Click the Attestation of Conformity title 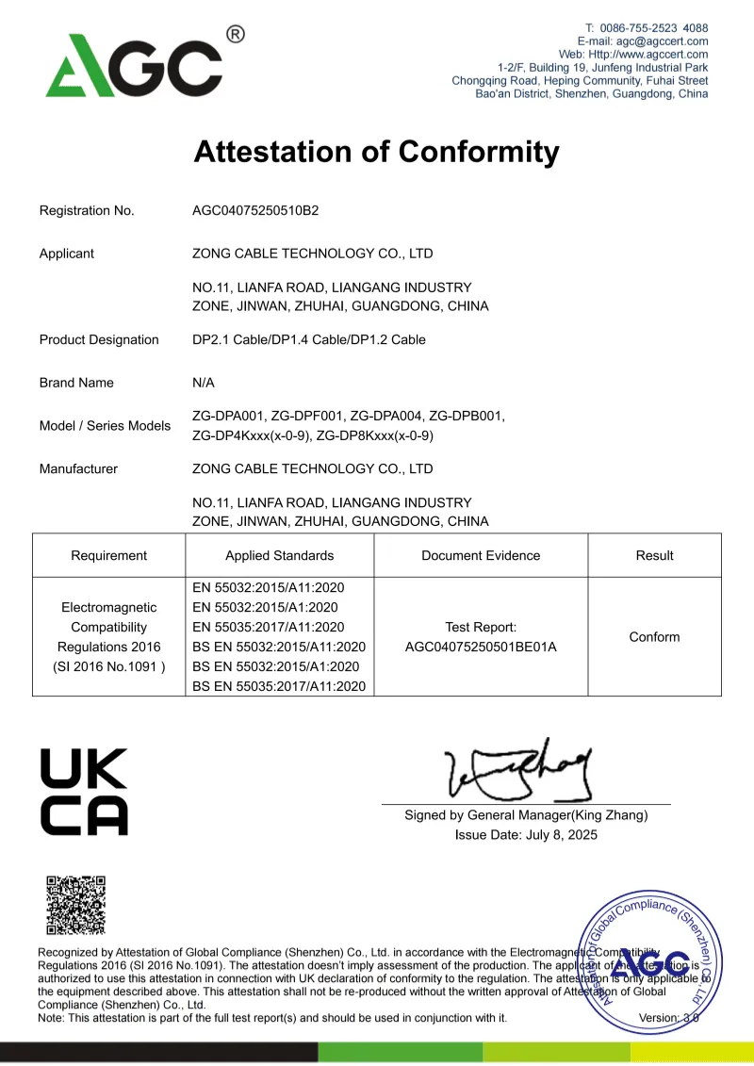tap(376, 152)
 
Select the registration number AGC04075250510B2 tap(255, 210)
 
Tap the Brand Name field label tap(76, 383)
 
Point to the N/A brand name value tap(204, 383)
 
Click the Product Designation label tap(99, 339)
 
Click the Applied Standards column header tap(279, 555)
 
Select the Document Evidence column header tap(481, 555)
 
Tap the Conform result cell tap(654, 637)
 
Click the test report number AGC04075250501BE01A tap(481, 647)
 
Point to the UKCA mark tap(84, 792)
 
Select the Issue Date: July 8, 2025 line tap(526, 835)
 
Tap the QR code tap(76, 905)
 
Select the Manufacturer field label tap(78, 468)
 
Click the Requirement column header tap(109, 555)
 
